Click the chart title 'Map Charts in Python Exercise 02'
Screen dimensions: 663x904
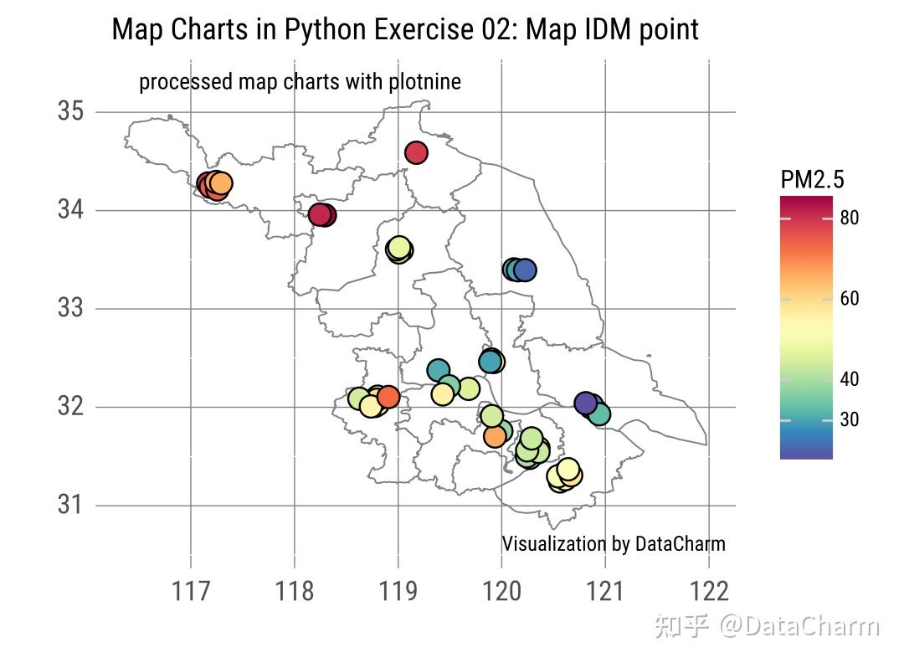point(405,30)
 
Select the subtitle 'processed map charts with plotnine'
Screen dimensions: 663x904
point(300,82)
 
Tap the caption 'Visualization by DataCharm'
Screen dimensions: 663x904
point(613,544)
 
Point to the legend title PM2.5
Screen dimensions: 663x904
point(811,180)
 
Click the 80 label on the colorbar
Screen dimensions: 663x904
point(849,218)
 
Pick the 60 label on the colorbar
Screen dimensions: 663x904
point(849,299)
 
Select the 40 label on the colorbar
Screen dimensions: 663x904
point(849,379)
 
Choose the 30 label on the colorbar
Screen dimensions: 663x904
point(849,419)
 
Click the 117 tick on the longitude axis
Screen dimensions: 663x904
point(192,592)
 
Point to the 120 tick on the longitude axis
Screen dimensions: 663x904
point(501,592)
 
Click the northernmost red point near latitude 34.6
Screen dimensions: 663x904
point(417,152)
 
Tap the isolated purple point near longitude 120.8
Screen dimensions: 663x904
point(586,403)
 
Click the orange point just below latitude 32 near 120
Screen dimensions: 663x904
point(496,436)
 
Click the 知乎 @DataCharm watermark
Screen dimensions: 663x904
point(767,626)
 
